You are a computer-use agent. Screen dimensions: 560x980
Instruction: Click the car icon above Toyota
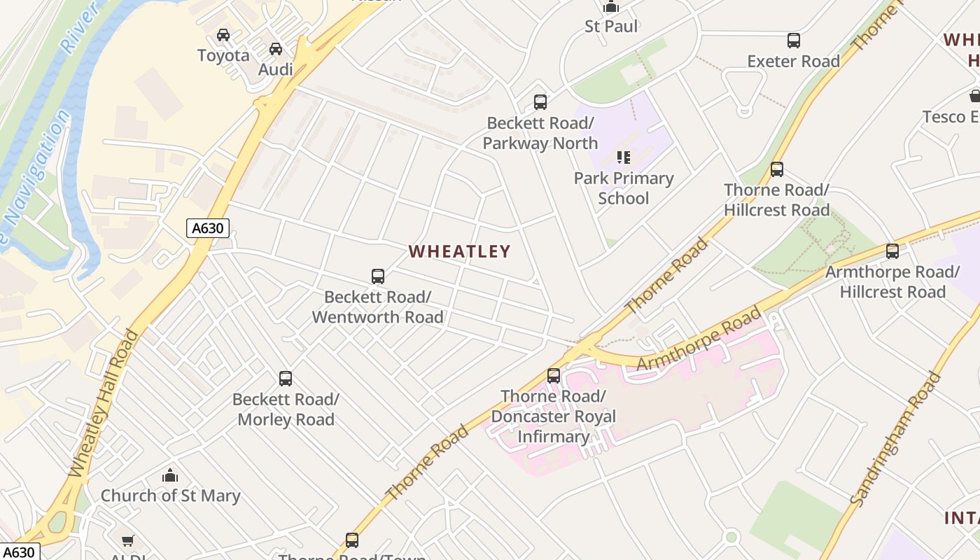coord(223,34)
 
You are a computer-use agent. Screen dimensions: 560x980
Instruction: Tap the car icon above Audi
coord(276,49)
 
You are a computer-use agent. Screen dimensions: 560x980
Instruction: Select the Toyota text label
coord(223,55)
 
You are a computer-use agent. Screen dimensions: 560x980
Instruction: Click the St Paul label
coord(611,27)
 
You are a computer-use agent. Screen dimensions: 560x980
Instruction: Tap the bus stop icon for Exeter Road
coord(793,41)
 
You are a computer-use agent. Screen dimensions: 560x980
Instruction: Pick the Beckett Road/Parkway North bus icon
coord(540,102)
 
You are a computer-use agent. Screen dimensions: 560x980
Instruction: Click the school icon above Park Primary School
coord(623,157)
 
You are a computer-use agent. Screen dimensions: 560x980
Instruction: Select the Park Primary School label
coord(623,188)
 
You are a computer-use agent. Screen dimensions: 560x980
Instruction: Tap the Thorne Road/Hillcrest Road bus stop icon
coord(776,169)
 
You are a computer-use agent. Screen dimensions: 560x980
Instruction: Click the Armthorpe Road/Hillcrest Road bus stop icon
coord(892,251)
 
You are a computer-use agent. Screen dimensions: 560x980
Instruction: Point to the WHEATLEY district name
coord(459,251)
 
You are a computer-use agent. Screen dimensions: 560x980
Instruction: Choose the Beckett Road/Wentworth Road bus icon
coord(378,276)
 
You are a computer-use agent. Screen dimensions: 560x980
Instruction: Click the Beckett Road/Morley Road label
coord(286,409)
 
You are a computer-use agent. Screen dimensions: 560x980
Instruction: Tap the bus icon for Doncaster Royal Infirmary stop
coord(554,376)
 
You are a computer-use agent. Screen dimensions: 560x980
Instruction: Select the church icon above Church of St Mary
coord(170,476)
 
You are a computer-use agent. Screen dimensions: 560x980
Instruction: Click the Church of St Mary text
coord(170,496)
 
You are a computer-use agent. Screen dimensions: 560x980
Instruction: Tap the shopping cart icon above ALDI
coord(128,540)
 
